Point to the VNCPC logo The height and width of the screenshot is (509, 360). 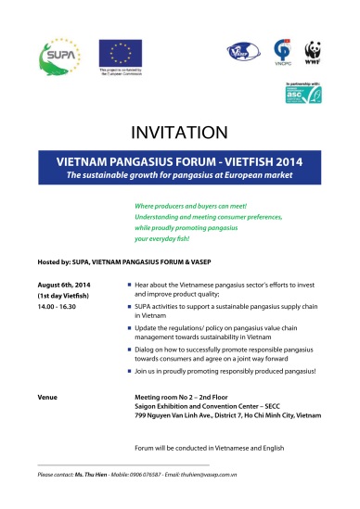pyautogui.click(x=282, y=53)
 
